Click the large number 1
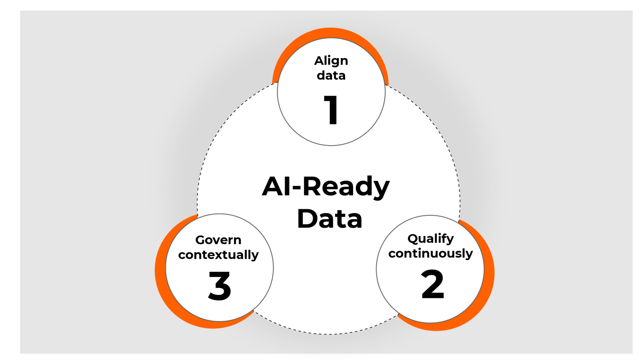coord(331,110)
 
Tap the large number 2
coord(433,284)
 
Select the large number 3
coord(220,286)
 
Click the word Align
coord(331,61)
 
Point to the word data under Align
coord(331,75)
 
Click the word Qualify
coord(430,239)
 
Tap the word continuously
coord(430,253)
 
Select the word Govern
coord(218,240)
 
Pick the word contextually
coord(218,254)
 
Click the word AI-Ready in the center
coord(326,187)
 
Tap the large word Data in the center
coord(330,218)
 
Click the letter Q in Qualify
coord(413,238)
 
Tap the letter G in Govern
coord(200,240)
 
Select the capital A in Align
coord(319,61)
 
